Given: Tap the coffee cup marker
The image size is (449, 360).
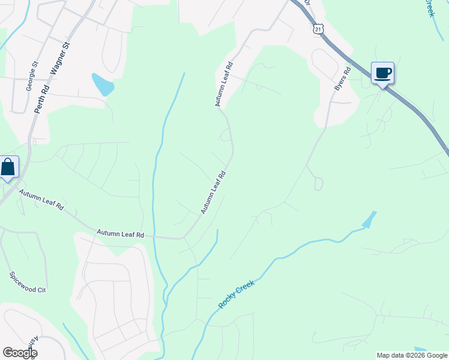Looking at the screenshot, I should pos(382,74).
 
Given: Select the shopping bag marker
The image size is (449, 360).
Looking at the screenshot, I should pos(8,167).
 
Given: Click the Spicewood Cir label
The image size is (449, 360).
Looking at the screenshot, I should pos(28,281).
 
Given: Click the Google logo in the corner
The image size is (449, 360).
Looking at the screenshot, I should pos(19,353).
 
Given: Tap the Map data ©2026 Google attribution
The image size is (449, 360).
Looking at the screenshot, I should pos(411,355).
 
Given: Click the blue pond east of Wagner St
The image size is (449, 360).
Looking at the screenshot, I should pos(103,85).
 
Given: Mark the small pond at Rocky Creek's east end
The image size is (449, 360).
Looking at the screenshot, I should pos(369,220).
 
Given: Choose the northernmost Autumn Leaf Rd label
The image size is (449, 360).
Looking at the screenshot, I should pos(223,83).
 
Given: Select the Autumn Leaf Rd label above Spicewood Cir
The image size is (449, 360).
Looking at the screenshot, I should pos(121,233).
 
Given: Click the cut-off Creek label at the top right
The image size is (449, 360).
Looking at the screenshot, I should pos(429,8).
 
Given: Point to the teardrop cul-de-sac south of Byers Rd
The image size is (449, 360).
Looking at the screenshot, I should pos(318,184).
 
